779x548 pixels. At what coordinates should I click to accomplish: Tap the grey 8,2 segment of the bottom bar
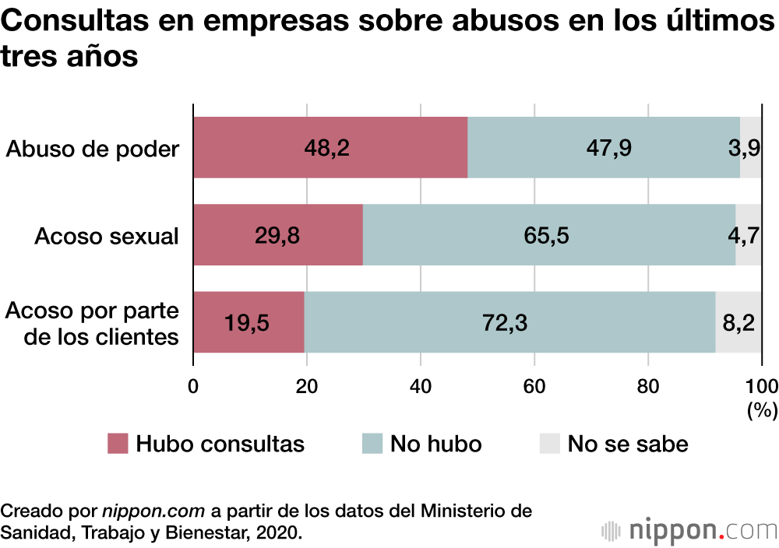[x=738, y=322]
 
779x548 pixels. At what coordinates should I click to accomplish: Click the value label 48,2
[x=327, y=148]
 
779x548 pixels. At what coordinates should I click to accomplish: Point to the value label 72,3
[x=504, y=322]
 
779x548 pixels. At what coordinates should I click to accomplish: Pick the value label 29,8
[x=277, y=235]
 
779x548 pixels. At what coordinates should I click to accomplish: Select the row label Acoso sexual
[x=106, y=235]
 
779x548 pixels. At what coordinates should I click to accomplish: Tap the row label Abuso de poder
[x=93, y=148]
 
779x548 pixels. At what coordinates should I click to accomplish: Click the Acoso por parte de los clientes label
[x=93, y=323]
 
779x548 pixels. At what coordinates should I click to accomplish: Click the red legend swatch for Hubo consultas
[x=117, y=444]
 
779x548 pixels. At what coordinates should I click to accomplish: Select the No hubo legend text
[x=435, y=444]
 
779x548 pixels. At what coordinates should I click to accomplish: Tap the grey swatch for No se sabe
[x=549, y=444]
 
